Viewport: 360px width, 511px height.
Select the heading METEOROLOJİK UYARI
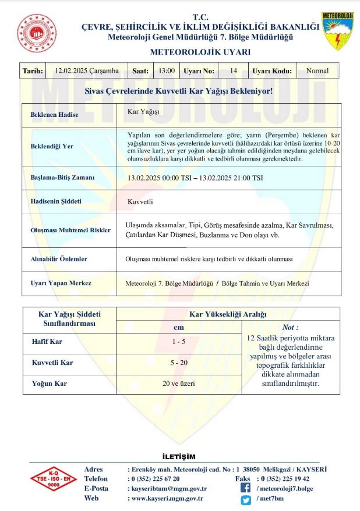(200, 52)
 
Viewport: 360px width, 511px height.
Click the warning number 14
(233, 71)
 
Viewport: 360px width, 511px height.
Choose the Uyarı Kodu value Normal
(317, 71)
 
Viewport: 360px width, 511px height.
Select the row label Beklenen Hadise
(54, 115)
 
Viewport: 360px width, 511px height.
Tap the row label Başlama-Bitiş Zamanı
(62, 177)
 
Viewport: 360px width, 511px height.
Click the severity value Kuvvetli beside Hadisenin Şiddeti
(140, 203)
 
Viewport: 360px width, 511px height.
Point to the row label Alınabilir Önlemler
(58, 258)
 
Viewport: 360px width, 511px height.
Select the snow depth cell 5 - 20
(179, 363)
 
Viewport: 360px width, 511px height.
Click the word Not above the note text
(290, 328)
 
